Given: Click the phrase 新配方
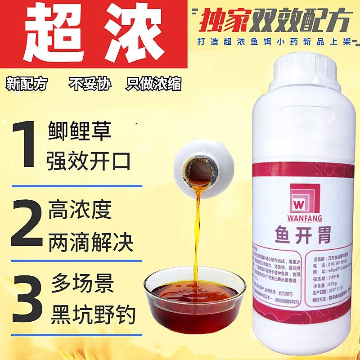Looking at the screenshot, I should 27,84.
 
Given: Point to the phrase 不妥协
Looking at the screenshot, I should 90,84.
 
